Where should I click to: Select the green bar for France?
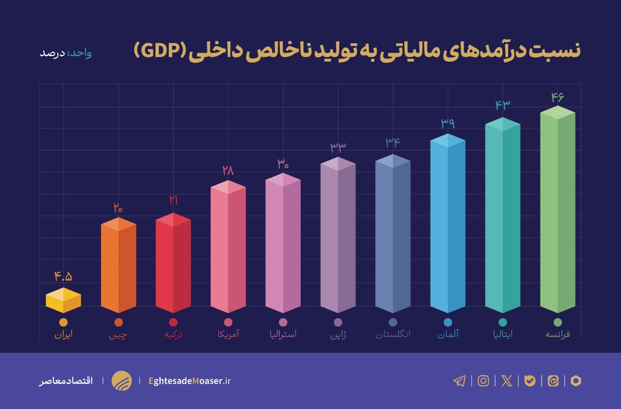point(557,212)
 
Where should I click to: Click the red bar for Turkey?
point(173,265)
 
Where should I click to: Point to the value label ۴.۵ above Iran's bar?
point(63,276)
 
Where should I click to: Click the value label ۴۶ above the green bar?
point(557,97)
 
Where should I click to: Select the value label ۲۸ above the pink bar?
point(228,170)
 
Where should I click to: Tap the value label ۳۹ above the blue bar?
point(448,123)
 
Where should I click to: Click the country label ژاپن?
point(338,335)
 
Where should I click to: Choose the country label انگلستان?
point(393,334)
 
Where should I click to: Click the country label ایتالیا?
point(503,334)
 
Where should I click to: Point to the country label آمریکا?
point(228,334)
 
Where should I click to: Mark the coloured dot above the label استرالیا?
point(283,322)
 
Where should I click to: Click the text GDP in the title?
point(160,50)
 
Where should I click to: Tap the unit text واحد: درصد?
point(66,53)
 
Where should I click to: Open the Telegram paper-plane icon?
point(460,381)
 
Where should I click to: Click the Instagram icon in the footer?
point(483,381)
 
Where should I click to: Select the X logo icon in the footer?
point(506,381)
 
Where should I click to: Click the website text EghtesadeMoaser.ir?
point(189,381)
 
